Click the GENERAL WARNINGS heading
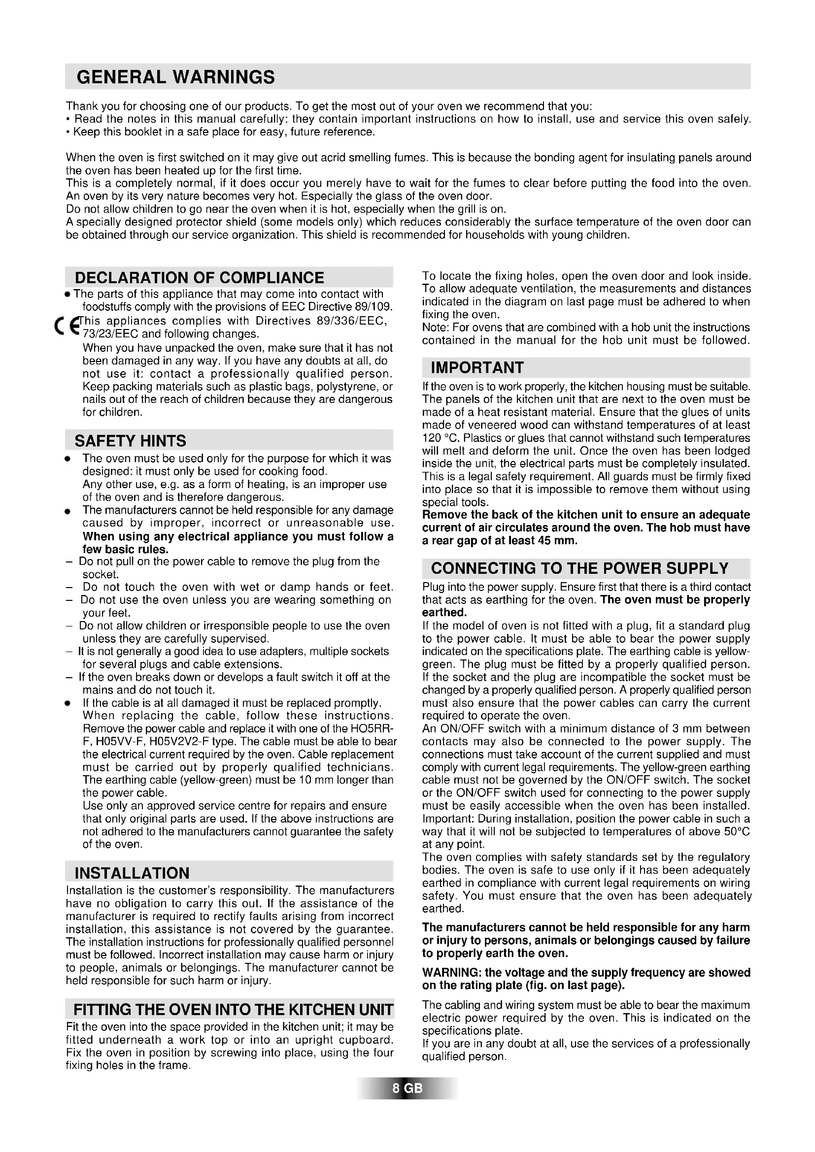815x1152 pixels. [175, 77]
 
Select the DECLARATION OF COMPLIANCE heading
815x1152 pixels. [199, 277]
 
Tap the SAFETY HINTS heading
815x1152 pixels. [130, 440]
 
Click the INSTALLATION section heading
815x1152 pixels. [132, 873]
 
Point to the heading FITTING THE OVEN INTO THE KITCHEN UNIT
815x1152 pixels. [233, 1010]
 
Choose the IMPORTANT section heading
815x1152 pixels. [477, 368]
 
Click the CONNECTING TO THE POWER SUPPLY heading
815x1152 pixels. [579, 568]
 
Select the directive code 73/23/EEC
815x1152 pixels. [110, 334]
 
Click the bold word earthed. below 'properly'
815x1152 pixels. [444, 613]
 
